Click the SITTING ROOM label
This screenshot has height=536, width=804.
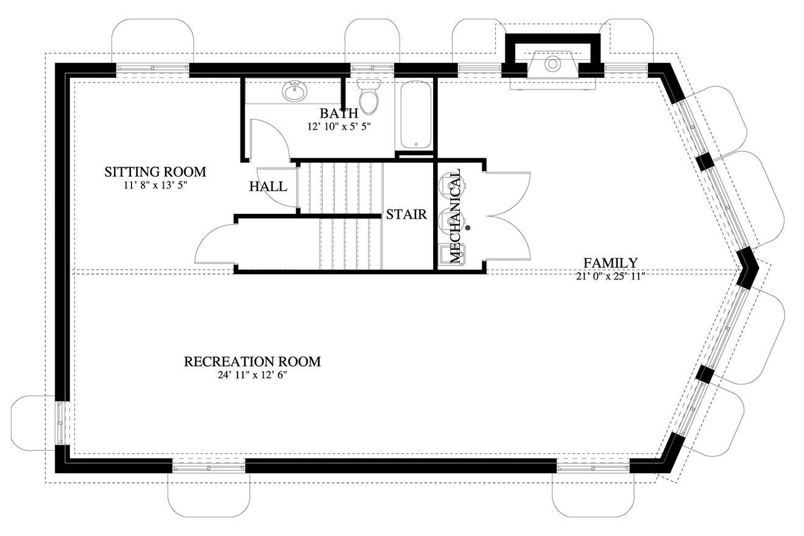coord(155,172)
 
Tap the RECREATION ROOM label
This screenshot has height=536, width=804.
coord(252,362)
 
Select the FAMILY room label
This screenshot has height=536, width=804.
coord(610,263)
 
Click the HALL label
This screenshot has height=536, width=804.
coord(268,186)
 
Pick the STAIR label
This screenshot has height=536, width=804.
coord(406,214)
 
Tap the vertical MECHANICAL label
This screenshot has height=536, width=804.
coord(455,216)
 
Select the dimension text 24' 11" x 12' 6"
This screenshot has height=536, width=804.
coord(252,375)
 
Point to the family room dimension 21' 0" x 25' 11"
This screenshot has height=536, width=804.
coord(610,276)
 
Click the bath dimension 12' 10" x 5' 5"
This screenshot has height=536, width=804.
coord(339,127)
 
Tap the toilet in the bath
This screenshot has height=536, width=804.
coord(368,97)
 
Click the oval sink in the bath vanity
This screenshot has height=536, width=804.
coord(295,92)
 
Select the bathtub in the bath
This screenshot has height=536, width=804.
coord(416,115)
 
